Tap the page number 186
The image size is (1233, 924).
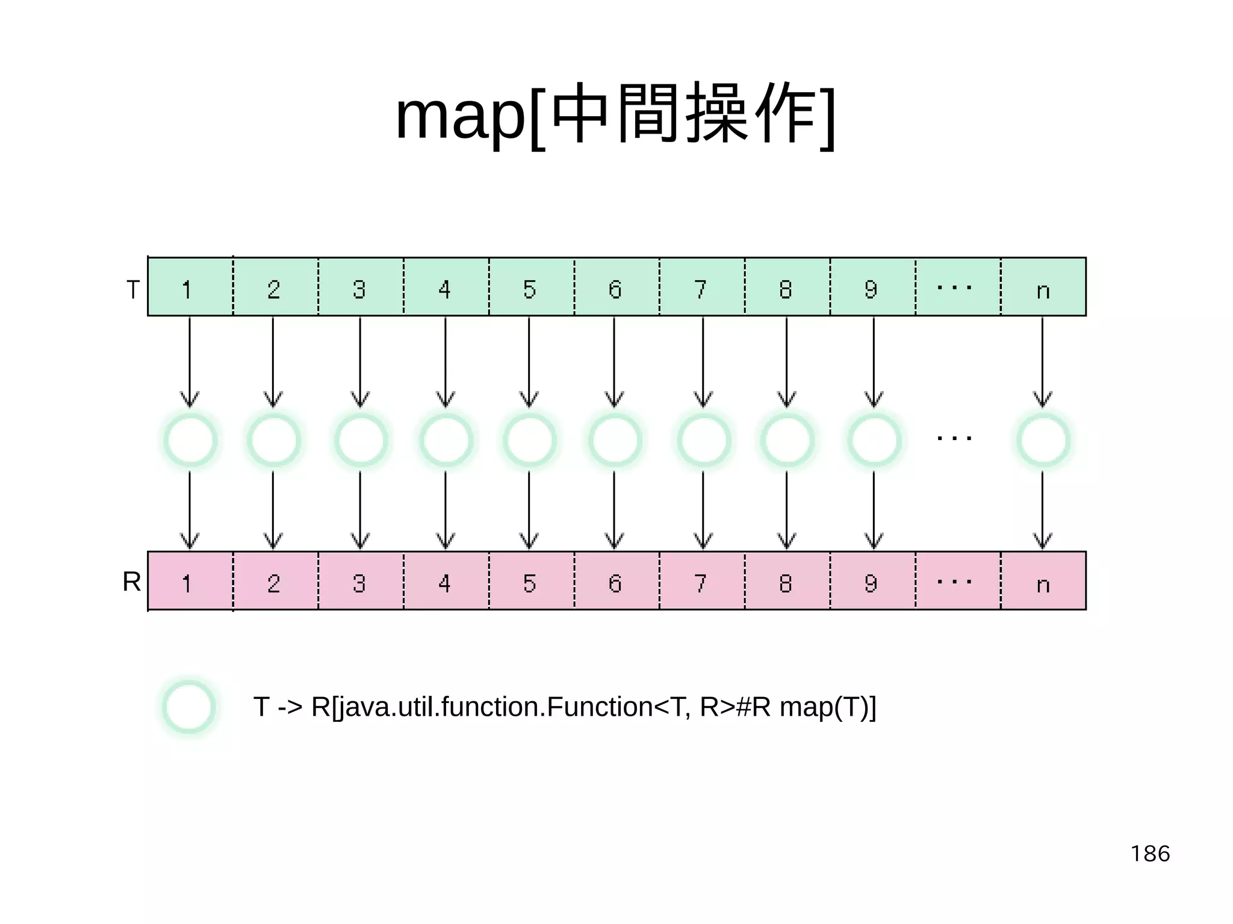pos(1150,854)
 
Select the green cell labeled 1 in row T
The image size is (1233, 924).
pos(190,287)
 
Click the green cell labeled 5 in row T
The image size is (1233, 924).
pos(530,287)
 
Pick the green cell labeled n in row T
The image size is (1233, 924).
pos(1043,287)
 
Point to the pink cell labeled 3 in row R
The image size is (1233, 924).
pos(360,581)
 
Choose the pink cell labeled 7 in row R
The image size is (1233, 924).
pos(701,581)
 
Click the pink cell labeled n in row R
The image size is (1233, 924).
pos(1043,581)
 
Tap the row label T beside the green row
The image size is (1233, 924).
pos(133,290)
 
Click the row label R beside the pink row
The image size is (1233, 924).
pos(132,581)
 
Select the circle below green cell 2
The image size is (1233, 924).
pos(274,441)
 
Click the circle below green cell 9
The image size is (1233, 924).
pos(874,441)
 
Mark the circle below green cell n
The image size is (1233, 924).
pos(1043,441)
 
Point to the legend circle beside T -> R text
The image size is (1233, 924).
pos(189,707)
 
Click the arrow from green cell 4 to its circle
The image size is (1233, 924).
pos(446,361)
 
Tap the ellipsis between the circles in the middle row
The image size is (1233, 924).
pos(954,438)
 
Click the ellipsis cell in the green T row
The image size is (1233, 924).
pos(957,287)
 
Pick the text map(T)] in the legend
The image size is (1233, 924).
pos(828,707)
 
